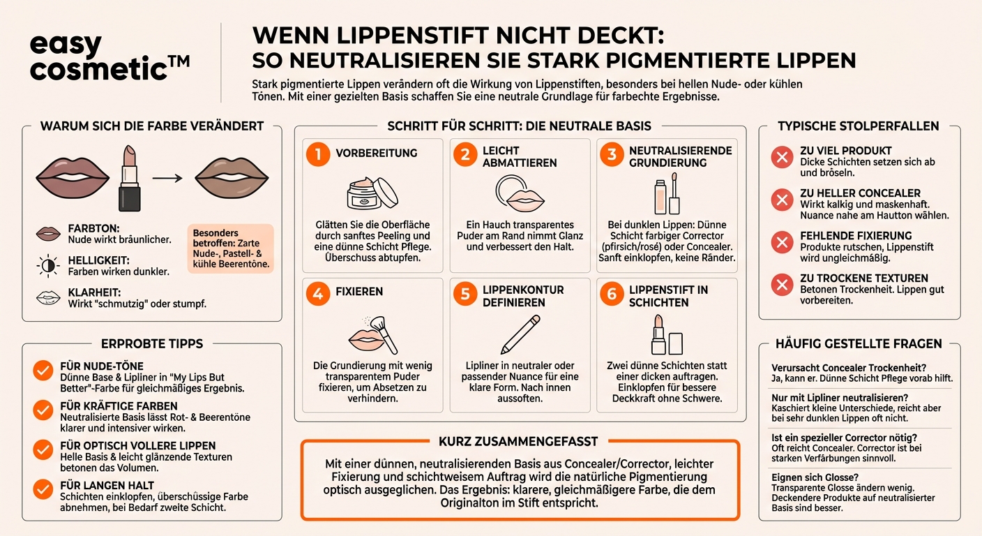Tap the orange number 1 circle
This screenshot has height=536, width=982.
(x=317, y=154)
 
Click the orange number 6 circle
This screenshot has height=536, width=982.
(x=612, y=294)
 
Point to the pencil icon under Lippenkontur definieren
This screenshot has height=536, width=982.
(x=520, y=334)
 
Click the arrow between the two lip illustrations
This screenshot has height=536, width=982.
(x=168, y=179)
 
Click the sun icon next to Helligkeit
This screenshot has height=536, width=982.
(x=47, y=265)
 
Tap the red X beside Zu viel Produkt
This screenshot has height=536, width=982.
(x=782, y=157)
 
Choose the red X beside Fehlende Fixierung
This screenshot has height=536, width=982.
(x=782, y=242)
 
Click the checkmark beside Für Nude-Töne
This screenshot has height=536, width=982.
(x=43, y=370)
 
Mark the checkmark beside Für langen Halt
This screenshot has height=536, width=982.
(x=43, y=489)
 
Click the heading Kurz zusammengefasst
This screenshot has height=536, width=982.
(x=518, y=442)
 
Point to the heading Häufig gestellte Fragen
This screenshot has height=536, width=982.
(x=859, y=343)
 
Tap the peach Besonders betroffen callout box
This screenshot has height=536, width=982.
(x=229, y=247)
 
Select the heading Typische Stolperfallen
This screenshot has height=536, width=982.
(x=859, y=126)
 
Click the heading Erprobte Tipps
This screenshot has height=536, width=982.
(x=152, y=343)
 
